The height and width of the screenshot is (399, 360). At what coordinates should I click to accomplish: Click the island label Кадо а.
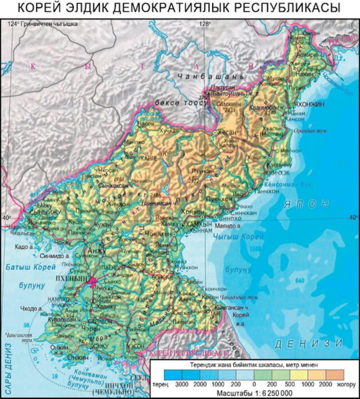pos(23,246)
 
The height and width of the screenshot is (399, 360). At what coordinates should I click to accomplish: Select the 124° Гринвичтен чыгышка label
pos(40,25)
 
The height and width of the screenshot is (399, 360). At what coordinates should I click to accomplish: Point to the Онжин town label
pos(58,356)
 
